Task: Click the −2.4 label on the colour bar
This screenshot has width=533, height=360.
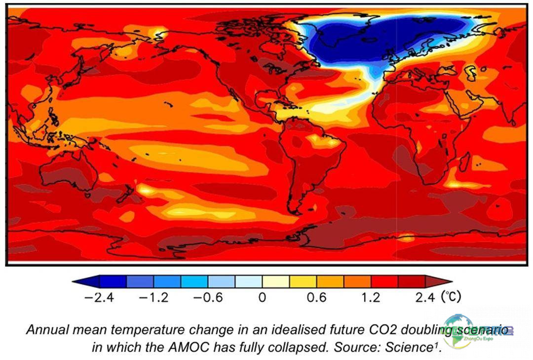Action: (99, 298)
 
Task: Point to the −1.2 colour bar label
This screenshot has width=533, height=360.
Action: (153, 298)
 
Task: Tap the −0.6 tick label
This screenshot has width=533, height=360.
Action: (208, 298)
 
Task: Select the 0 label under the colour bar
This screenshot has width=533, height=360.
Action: (262, 298)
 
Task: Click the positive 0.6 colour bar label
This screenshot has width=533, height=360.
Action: (316, 298)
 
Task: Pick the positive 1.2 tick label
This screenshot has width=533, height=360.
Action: (370, 298)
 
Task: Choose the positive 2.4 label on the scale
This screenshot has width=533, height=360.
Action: (424, 298)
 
